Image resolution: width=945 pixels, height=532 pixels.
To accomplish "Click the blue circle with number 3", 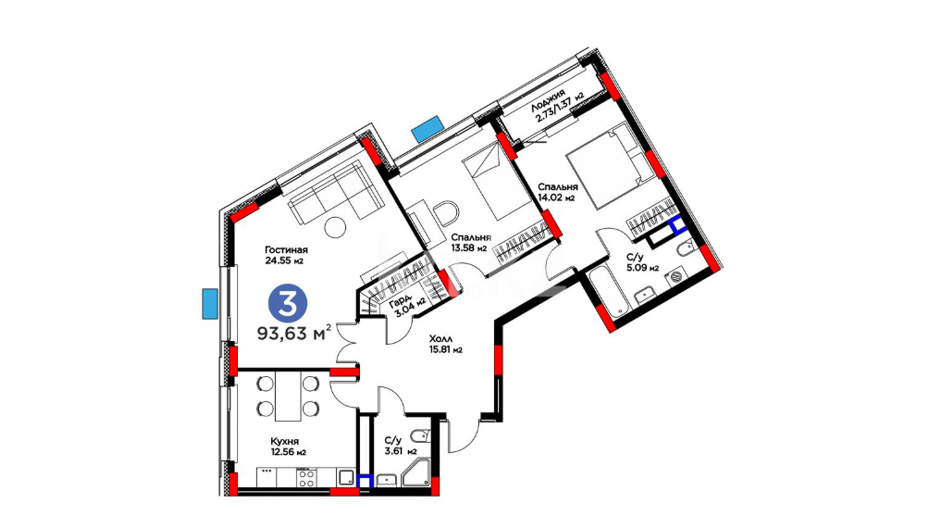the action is [287, 304].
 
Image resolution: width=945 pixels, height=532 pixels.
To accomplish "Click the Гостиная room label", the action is [286, 250].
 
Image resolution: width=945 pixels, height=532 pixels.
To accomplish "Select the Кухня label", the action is [284, 441].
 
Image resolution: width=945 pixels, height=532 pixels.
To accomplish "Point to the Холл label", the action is [441, 339].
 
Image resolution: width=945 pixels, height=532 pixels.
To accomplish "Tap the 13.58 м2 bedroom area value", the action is [469, 248].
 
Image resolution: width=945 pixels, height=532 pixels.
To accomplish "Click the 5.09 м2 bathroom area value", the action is [642, 268].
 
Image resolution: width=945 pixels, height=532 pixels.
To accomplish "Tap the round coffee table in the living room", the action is [335, 227].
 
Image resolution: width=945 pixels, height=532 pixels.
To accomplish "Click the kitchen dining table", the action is [288, 396].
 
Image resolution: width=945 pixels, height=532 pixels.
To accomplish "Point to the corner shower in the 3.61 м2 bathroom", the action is [415, 473].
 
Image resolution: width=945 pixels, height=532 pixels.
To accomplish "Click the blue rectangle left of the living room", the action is [210, 303].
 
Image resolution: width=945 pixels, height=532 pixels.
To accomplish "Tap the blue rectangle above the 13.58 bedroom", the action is [428, 129].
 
